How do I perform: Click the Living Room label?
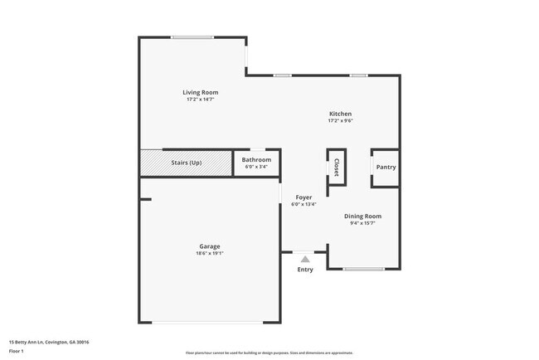[201, 92]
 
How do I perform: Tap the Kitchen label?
[340, 114]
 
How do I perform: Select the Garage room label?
[209, 246]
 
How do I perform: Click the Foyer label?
[303, 197]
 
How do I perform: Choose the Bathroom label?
[257, 160]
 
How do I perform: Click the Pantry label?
[386, 167]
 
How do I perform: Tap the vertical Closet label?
[337, 168]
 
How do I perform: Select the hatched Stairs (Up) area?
[186, 163]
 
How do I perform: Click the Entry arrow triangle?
[305, 260]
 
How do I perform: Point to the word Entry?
[305, 270]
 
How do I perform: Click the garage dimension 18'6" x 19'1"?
[209, 253]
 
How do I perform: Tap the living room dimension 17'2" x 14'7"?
[201, 100]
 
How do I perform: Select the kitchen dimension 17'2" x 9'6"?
[340, 121]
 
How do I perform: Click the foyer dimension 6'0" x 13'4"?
[303, 204]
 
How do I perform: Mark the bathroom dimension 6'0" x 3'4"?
[257, 167]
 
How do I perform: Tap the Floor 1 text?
[17, 351]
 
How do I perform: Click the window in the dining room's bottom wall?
[364, 269]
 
